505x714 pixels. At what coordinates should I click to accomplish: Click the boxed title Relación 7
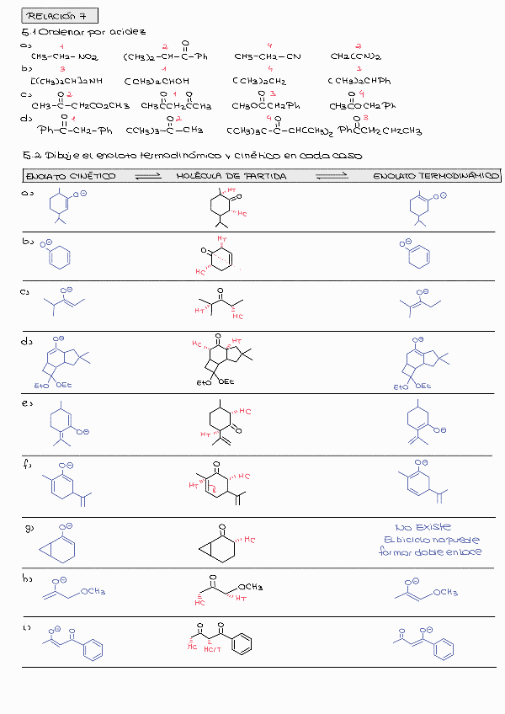click(x=50, y=16)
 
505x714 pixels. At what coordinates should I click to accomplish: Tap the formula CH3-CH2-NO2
click(x=65, y=57)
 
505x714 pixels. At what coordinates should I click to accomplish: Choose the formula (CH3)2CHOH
click(x=157, y=82)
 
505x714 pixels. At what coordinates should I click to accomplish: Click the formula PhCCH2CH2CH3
click(x=380, y=131)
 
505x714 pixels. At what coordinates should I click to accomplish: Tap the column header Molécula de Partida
click(x=231, y=177)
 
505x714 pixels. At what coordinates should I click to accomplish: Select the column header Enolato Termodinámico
click(x=436, y=177)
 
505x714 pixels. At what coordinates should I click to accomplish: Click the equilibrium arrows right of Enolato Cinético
click(x=146, y=177)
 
